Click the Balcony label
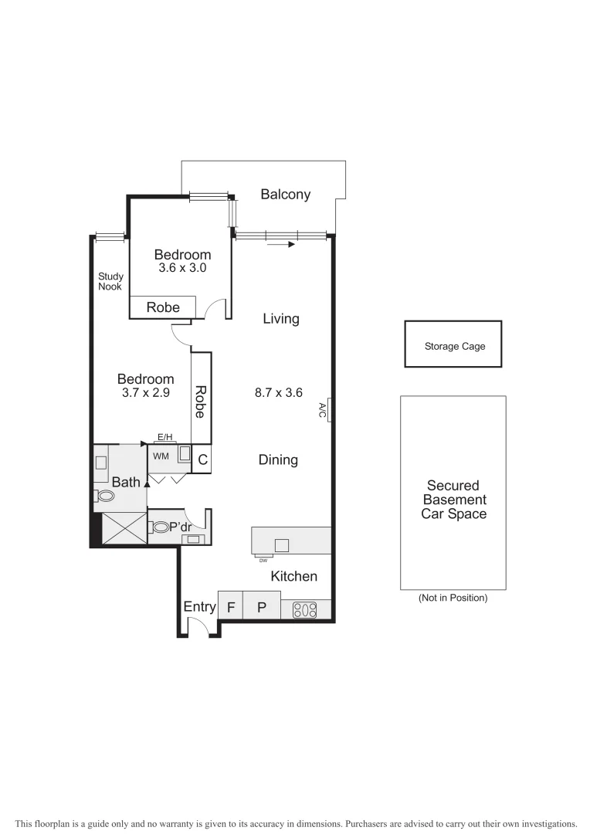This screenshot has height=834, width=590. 285,195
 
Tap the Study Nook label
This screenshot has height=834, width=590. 110,281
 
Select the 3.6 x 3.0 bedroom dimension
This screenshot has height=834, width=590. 182,268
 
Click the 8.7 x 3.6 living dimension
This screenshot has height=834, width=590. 278,392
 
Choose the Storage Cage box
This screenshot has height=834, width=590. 453,345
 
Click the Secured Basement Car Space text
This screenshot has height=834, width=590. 453,500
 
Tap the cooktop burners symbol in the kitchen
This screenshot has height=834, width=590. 306,610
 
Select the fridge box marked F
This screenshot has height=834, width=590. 230,606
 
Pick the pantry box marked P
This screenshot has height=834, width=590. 262,606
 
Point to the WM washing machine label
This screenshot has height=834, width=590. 161,456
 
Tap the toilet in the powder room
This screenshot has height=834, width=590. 161,527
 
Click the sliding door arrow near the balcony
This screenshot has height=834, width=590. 281,245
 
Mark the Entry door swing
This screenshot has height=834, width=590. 199,628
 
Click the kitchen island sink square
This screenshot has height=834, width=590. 282,546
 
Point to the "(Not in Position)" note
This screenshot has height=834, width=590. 453,598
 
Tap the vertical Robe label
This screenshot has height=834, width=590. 200,402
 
